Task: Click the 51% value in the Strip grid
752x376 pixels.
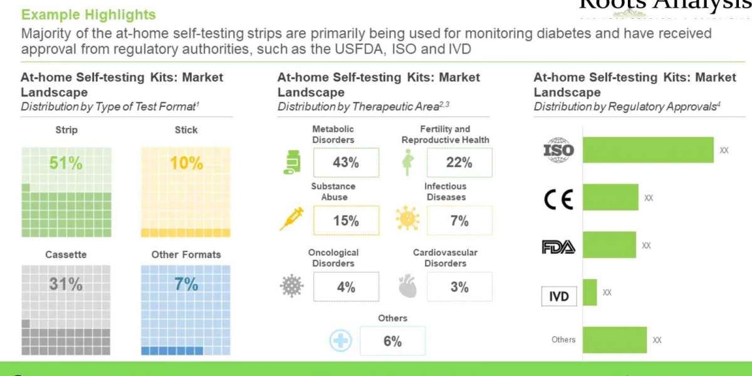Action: [x=66, y=164]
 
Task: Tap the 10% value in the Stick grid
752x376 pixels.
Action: [x=186, y=164]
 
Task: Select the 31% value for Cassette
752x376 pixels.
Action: [x=66, y=284]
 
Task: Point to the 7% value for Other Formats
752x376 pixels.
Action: [x=186, y=284]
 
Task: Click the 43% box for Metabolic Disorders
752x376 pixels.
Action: [x=346, y=163]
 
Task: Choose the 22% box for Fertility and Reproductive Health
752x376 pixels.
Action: [x=459, y=163]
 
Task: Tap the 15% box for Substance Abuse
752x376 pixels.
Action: [x=346, y=221]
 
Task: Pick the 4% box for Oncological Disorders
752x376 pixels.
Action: [x=346, y=287]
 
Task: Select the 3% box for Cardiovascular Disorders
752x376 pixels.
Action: [x=459, y=287]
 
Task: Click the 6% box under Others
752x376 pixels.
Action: [x=392, y=341]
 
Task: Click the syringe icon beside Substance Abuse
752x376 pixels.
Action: [x=291, y=219]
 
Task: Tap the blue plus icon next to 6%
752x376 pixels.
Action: [x=341, y=341]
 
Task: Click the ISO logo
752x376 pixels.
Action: [x=558, y=150]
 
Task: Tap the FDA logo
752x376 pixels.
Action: [x=558, y=247]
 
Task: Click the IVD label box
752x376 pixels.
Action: [x=558, y=296]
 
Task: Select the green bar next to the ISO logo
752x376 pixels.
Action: [x=648, y=150]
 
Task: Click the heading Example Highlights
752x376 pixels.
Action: [x=88, y=14]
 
